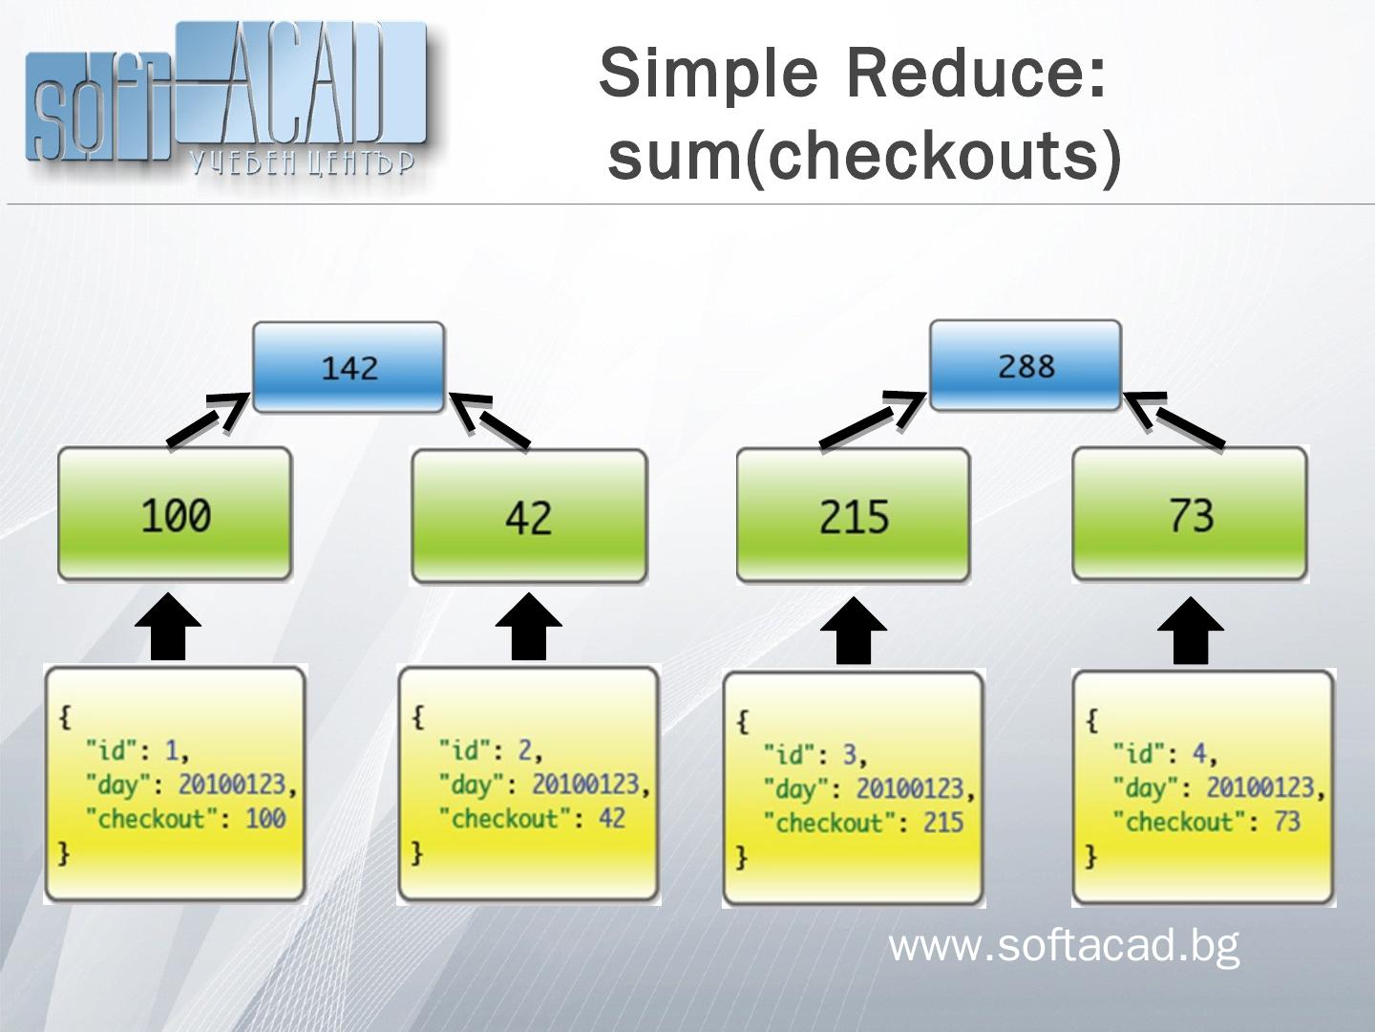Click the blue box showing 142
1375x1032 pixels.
point(349,368)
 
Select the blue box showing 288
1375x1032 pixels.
point(1026,366)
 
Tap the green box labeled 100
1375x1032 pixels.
point(175,515)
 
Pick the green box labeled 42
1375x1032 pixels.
point(529,517)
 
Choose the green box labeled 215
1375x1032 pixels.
point(854,516)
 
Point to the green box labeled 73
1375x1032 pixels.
point(1190,515)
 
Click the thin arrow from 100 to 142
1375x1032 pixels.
point(206,420)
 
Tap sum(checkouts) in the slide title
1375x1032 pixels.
point(864,155)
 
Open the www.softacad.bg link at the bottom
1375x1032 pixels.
point(1064,946)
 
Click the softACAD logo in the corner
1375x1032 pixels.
point(224,100)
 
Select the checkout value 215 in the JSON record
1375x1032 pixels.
point(943,823)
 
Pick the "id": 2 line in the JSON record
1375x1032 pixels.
point(491,750)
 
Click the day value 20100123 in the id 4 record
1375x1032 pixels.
point(1260,787)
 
